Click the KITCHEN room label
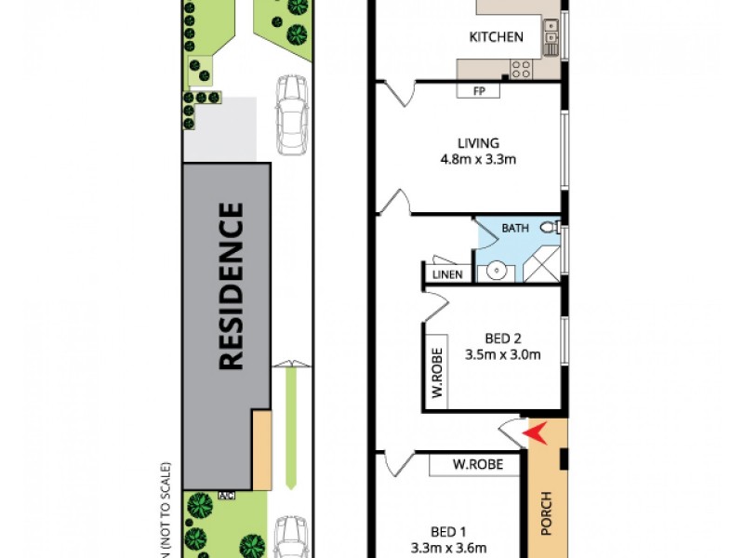(x=496, y=37)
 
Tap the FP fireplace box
(x=479, y=91)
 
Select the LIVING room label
(x=478, y=143)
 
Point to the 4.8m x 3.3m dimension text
(x=478, y=159)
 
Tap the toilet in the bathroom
(x=550, y=227)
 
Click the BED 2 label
(x=502, y=338)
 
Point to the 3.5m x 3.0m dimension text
(x=502, y=353)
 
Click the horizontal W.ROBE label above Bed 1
(x=473, y=463)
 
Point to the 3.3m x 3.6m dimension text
(x=449, y=548)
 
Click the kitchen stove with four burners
(x=521, y=68)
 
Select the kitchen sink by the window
(x=551, y=37)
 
